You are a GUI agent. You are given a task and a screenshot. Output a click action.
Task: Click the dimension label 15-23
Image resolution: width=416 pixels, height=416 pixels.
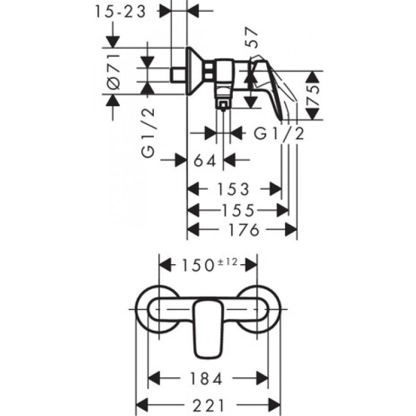[x=125, y=12]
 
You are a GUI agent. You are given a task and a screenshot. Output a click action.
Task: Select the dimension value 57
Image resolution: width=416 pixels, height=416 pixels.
[x=254, y=44]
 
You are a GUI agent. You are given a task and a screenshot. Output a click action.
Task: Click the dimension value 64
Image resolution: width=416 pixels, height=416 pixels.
[x=205, y=161]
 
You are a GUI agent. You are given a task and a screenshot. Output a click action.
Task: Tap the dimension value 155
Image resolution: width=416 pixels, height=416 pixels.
[x=238, y=209]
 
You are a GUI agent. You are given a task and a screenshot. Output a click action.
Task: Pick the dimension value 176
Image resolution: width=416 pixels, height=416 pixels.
[x=243, y=229]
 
